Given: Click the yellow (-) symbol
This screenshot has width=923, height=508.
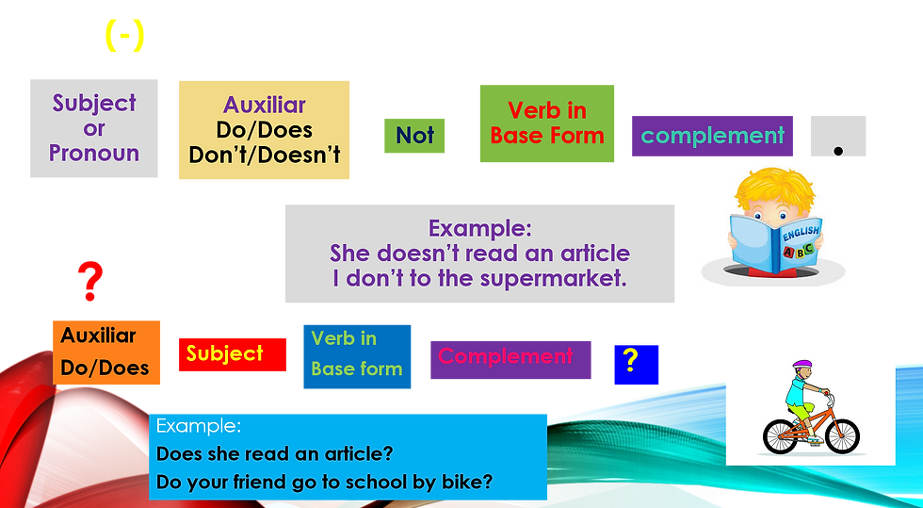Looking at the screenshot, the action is [x=124, y=36].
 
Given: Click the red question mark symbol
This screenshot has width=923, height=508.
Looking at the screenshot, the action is [x=90, y=281].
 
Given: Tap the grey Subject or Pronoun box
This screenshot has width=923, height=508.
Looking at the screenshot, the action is [x=93, y=128].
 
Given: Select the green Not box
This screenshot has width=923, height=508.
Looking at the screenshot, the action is [x=414, y=136].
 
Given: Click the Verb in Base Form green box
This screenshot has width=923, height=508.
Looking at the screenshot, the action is [x=546, y=123].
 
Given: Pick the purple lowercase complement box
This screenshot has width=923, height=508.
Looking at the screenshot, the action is [x=712, y=136].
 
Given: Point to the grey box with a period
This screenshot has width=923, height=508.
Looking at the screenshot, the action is [x=837, y=138].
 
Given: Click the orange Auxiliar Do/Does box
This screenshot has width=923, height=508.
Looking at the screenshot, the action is [x=105, y=352].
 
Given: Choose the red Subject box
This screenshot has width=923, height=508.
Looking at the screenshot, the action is [x=231, y=354].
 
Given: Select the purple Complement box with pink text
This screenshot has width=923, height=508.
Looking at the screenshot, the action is [x=510, y=358].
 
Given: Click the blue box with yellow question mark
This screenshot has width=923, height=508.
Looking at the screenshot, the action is [x=636, y=364].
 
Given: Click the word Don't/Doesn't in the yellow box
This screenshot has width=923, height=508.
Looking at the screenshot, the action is [x=264, y=156].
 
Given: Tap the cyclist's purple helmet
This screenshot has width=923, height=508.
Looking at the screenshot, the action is [x=802, y=365].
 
